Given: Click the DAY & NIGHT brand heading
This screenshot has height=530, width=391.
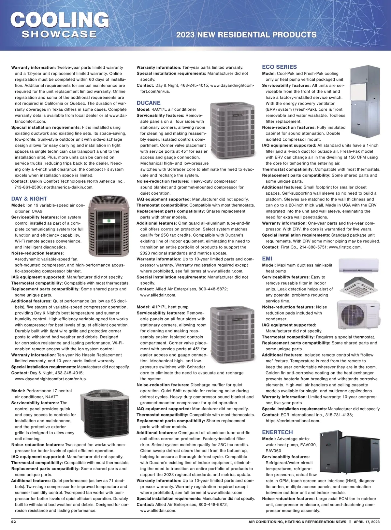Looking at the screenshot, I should pyautogui.click(x=29, y=199).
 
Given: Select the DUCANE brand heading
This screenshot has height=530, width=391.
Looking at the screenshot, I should pyautogui.click(x=149, y=103).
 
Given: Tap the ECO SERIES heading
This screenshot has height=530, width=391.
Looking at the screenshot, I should pyautogui.click(x=279, y=67).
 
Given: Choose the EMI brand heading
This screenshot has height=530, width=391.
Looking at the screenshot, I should pyautogui.click(x=267, y=258).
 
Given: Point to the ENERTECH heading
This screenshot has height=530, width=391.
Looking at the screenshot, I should pyautogui.click(x=277, y=432).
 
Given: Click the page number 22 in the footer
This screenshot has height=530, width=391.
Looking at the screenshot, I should pyautogui.click(x=14, y=522).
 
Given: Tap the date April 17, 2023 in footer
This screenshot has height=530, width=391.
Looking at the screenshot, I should pyautogui.click(x=367, y=522).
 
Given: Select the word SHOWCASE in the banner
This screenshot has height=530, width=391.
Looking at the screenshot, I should pyautogui.click(x=59, y=34).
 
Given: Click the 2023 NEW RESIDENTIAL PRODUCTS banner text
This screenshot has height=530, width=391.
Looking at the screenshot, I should pyautogui.click(x=246, y=35).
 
